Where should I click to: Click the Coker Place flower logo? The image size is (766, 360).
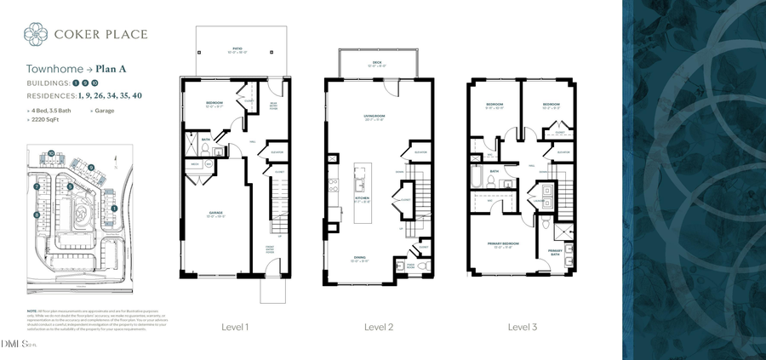click(x=36, y=34)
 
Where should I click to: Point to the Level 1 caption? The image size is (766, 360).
click(x=235, y=327)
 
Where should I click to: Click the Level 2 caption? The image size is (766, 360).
click(x=379, y=327)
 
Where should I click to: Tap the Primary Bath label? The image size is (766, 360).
click(x=555, y=250)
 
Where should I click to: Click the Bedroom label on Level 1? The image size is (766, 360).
click(x=214, y=104)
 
